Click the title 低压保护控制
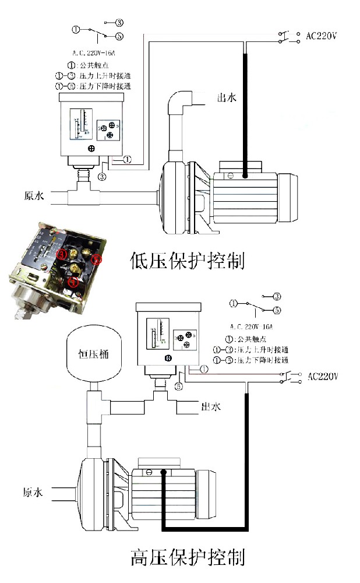point(188,259)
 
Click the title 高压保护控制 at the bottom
point(188,557)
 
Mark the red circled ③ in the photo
point(61,254)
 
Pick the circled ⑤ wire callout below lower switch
point(179,386)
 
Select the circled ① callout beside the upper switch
point(128,159)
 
